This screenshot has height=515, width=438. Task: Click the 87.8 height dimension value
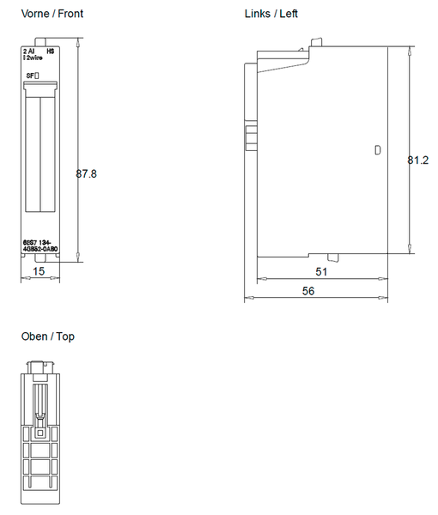click(87, 173)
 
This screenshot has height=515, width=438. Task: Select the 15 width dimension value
click(39, 270)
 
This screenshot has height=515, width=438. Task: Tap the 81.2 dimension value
click(419, 160)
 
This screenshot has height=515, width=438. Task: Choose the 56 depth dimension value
click(308, 291)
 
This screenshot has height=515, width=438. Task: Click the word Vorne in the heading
click(36, 14)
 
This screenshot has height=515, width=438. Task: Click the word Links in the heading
click(258, 14)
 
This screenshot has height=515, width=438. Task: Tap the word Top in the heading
click(64, 336)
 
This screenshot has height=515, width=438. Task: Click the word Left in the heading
click(289, 14)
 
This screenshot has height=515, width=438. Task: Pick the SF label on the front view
click(30, 76)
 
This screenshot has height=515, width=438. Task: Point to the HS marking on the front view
click(51, 51)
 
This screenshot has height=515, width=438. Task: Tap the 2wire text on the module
click(34, 58)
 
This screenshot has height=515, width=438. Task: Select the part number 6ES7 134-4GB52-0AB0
click(40, 247)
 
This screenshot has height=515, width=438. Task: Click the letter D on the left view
click(377, 150)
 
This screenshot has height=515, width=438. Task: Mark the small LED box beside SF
click(37, 76)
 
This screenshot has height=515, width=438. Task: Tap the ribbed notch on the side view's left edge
click(251, 139)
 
